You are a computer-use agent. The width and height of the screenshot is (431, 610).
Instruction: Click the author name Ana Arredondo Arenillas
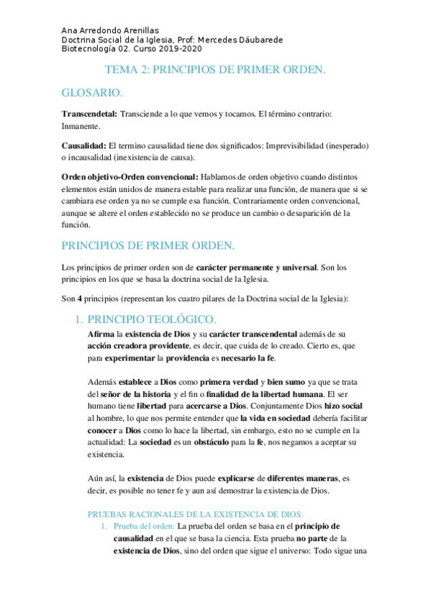click(x=111, y=31)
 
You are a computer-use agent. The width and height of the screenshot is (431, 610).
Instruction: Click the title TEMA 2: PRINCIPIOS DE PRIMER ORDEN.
click(x=216, y=70)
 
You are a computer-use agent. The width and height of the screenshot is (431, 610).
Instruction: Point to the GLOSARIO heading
click(x=91, y=94)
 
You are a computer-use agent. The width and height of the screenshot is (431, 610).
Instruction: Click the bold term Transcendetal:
click(x=90, y=114)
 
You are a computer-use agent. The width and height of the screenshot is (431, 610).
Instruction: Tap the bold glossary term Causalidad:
click(x=84, y=146)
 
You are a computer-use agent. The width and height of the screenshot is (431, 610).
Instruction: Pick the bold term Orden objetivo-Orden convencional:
click(x=130, y=176)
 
